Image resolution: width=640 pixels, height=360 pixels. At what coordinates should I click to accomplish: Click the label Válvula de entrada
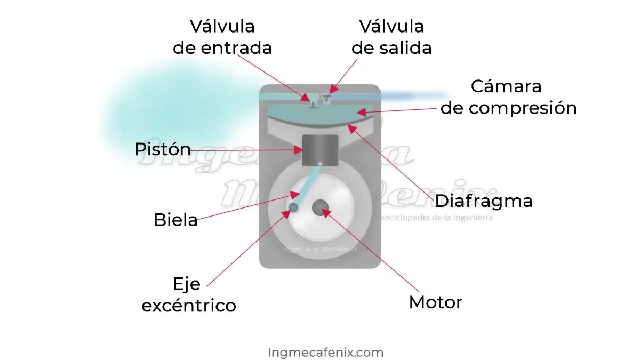(x=222, y=37)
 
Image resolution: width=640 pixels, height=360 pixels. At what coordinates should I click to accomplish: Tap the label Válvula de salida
(x=391, y=37)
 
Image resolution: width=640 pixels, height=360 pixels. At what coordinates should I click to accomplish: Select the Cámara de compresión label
(x=508, y=97)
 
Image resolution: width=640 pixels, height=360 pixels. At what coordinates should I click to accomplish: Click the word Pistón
(x=163, y=149)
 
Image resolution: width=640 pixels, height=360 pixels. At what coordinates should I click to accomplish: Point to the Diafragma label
(x=484, y=201)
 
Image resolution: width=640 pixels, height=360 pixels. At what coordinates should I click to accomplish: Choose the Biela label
(x=175, y=220)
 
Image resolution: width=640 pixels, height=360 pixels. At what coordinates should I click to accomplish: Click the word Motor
(x=435, y=302)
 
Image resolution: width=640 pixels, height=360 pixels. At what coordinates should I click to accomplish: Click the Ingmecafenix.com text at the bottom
(x=325, y=353)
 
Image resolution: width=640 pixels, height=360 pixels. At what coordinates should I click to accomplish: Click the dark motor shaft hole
(x=321, y=207)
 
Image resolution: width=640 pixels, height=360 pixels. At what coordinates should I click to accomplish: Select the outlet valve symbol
(x=326, y=98)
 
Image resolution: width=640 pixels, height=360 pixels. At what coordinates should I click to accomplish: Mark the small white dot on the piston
(x=320, y=163)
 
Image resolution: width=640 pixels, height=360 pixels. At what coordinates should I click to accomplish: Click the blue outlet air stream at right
(x=411, y=96)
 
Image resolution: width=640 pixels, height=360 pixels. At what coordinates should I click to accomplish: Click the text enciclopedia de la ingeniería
(x=435, y=218)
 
